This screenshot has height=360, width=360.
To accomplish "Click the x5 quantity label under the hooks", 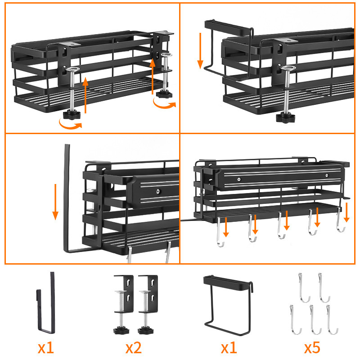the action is pos(312,347).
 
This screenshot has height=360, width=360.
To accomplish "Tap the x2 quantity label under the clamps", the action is pos(134,347).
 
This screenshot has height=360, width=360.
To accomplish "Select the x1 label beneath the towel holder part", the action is pos(229,347).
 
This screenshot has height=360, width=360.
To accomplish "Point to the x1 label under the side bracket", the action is pos(46,347).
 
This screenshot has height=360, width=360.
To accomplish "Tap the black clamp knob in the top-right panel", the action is pos(285,117).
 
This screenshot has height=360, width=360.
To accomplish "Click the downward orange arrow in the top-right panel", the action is pos(200,50).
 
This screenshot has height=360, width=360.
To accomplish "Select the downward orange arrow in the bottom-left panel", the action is pos(55,202).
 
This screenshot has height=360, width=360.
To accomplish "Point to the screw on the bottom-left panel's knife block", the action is pos(158,191).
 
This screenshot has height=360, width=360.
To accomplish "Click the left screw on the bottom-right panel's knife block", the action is pos(239,179).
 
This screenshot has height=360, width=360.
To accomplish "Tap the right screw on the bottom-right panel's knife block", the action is pos(327,175).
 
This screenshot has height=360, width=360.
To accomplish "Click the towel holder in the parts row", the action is pos(228,306).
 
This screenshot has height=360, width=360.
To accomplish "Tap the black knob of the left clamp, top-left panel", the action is pos(72,115).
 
